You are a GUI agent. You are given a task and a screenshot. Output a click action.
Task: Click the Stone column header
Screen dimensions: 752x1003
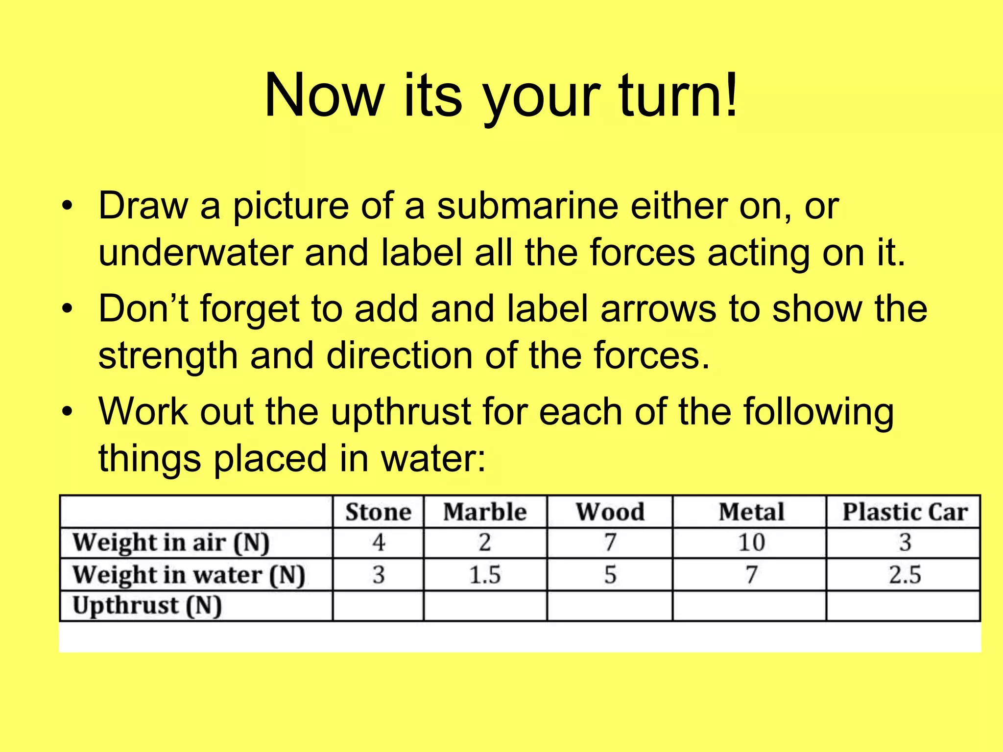[378, 512]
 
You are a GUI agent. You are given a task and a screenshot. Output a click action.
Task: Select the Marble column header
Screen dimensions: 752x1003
[485, 512]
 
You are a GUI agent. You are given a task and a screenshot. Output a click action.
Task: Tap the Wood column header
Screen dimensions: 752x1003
[610, 512]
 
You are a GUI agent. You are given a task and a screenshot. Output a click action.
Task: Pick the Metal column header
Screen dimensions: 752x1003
[751, 512]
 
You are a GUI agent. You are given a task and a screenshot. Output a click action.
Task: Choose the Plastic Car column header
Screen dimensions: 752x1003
[905, 512]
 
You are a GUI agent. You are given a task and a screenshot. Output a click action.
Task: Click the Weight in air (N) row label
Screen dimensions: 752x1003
[171, 543]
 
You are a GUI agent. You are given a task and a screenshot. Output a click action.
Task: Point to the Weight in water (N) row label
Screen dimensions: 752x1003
[189, 575]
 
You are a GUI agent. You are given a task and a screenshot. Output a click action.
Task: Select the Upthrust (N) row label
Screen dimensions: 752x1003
[147, 606]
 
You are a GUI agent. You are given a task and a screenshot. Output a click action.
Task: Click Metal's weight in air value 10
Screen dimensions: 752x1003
[751, 543]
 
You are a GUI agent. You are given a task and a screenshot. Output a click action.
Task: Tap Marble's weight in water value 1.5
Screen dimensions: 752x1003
[485, 575]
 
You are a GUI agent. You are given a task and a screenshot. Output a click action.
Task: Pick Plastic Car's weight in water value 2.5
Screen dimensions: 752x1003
[905, 575]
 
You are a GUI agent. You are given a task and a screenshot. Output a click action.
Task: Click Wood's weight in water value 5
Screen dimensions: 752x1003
[610, 575]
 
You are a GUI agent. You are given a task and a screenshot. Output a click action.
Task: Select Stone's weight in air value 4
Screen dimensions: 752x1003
[378, 543]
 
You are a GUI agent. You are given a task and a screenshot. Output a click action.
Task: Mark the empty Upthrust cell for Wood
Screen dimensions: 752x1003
[610, 606]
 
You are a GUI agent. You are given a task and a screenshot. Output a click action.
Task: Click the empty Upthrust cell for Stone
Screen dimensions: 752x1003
[378, 606]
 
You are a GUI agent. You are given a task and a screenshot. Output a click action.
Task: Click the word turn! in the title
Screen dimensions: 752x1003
[678, 95]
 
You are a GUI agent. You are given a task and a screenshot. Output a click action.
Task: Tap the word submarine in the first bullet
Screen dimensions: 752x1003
[527, 206]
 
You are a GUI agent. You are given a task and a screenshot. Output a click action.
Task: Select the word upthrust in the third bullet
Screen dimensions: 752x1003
[400, 412]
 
